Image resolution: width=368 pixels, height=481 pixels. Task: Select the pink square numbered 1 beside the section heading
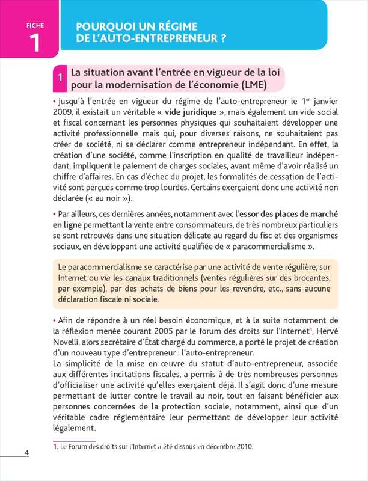pyautogui.click(x=61, y=78)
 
